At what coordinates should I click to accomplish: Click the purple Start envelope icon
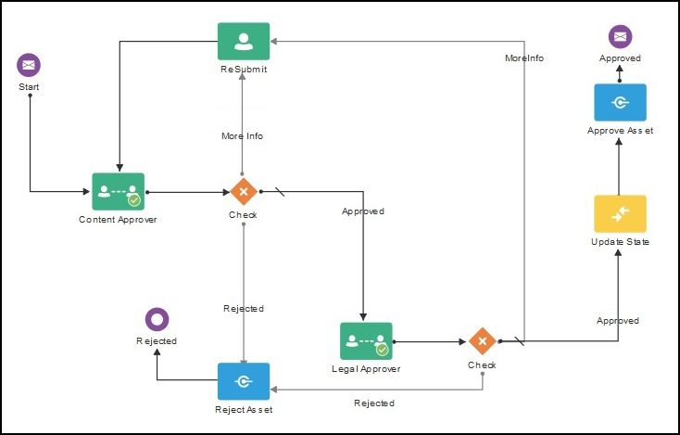point(29,65)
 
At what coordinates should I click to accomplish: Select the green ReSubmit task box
point(244,42)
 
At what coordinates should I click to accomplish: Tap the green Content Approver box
point(119,192)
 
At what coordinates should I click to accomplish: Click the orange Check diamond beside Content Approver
point(243,192)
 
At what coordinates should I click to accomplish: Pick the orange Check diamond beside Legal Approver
point(482,341)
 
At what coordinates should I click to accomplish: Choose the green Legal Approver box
point(366,341)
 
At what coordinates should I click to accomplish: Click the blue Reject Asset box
point(244,381)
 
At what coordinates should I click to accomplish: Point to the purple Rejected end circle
point(157,319)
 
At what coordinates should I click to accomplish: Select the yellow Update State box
point(620,213)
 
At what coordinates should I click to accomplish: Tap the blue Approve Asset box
point(620,102)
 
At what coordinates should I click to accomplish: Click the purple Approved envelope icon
point(620,37)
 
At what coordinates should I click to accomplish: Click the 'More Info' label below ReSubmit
point(243,136)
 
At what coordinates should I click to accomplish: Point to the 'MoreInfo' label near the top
point(524,58)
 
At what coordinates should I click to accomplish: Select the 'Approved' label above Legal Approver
point(363,211)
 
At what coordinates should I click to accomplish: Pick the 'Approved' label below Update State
point(618,321)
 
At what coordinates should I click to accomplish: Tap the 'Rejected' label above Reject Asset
point(244,309)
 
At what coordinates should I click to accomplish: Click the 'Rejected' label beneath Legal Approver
point(374,403)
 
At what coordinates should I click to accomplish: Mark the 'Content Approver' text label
point(118,221)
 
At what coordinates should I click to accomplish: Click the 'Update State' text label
point(620,242)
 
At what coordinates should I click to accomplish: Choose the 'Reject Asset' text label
point(244,409)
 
